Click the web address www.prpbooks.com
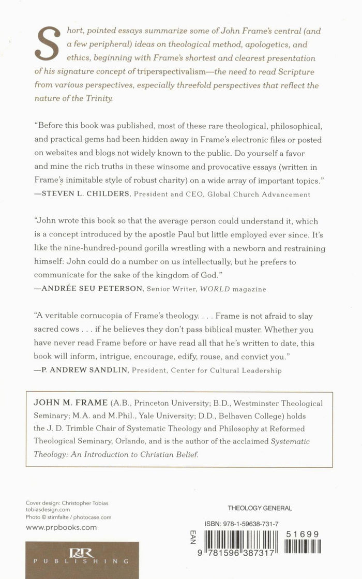(61, 528)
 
